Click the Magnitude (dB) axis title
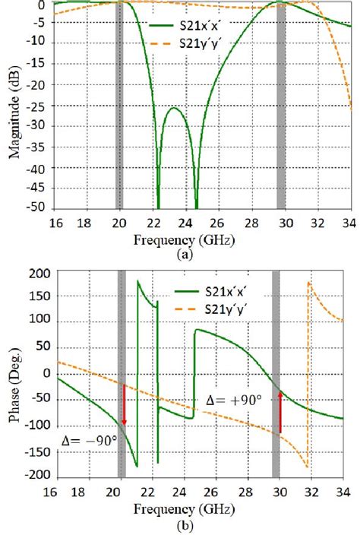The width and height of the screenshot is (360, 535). (13, 106)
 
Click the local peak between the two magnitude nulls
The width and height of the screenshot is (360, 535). (175, 108)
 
